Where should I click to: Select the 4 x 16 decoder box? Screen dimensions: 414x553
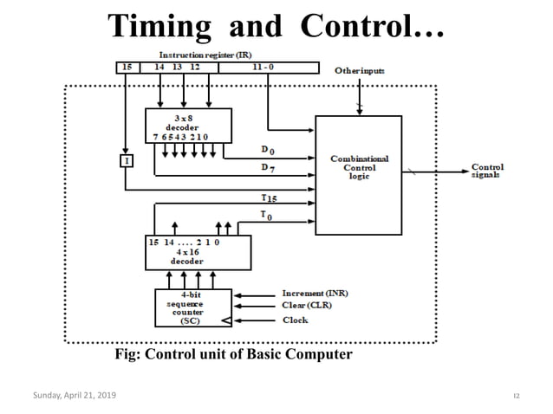coord(197,252)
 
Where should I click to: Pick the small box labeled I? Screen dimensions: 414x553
coord(127,160)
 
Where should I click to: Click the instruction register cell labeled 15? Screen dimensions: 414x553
coord(127,66)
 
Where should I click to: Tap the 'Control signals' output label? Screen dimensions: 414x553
coord(488,171)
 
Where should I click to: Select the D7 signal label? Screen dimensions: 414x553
coord(270,169)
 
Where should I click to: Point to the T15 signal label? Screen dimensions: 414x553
coord(270,198)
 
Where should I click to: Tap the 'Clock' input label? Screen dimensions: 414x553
coord(296,320)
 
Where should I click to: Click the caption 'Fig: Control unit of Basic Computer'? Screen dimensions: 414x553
coord(234,354)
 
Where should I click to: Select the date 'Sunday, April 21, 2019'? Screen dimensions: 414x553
coord(73,395)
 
